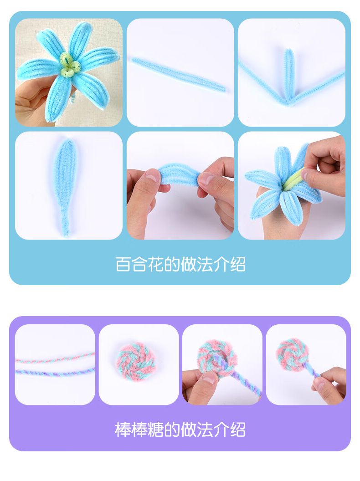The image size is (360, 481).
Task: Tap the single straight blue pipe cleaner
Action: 179,75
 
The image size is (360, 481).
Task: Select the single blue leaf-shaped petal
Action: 66,187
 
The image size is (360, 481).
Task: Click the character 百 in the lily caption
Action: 123,264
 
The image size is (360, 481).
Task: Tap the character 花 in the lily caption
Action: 155,264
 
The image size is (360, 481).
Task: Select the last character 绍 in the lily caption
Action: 237,264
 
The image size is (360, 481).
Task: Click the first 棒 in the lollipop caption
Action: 123,430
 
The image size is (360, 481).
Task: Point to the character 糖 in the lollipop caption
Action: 155,430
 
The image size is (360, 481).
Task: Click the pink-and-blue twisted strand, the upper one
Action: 55,358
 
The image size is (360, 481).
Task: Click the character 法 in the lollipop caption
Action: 205,430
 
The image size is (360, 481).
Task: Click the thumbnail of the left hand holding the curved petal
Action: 152,175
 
